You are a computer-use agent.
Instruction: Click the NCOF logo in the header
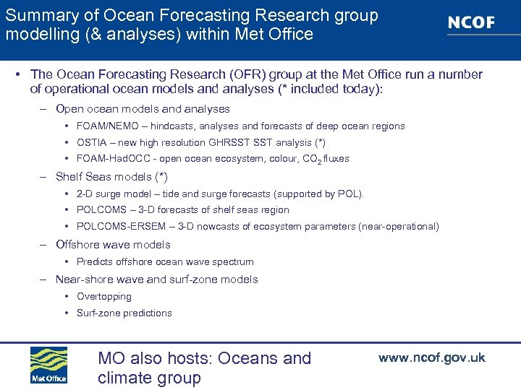click(x=471, y=22)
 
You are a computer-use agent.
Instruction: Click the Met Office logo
click(x=48, y=365)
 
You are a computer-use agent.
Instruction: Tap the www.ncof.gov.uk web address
click(x=431, y=357)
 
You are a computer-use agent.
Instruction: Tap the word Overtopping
click(x=104, y=297)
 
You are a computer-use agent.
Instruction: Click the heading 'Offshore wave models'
click(x=113, y=245)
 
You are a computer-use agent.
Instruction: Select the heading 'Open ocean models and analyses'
click(x=143, y=109)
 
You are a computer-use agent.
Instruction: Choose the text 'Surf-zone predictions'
click(x=124, y=313)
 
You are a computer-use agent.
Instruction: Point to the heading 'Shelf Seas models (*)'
click(x=111, y=177)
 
